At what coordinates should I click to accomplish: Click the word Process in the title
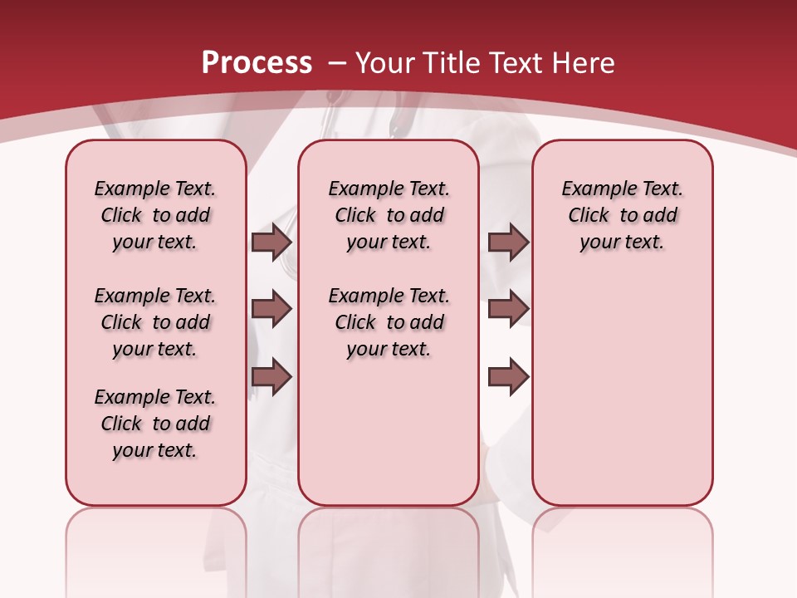click(257, 63)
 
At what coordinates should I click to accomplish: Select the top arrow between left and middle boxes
click(271, 243)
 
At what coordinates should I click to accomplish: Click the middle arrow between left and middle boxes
click(271, 309)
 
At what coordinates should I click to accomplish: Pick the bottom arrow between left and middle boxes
click(271, 377)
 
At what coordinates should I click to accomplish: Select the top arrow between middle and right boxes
click(508, 243)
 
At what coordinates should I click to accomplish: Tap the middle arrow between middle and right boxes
click(508, 309)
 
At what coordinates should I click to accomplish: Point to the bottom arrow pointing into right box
click(508, 377)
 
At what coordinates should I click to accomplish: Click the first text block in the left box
click(155, 215)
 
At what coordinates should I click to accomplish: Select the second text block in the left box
click(155, 322)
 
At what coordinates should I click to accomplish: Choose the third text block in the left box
click(155, 424)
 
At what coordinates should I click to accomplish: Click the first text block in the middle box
click(389, 215)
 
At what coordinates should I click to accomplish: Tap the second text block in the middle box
click(389, 322)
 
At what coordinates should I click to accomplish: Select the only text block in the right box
click(623, 215)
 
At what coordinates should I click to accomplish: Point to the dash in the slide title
click(337, 63)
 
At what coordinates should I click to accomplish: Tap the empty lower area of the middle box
click(389, 440)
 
